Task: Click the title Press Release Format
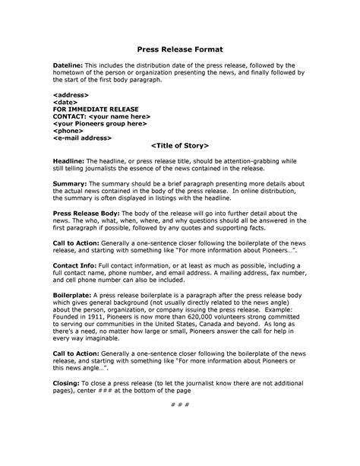click(x=180, y=44)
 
